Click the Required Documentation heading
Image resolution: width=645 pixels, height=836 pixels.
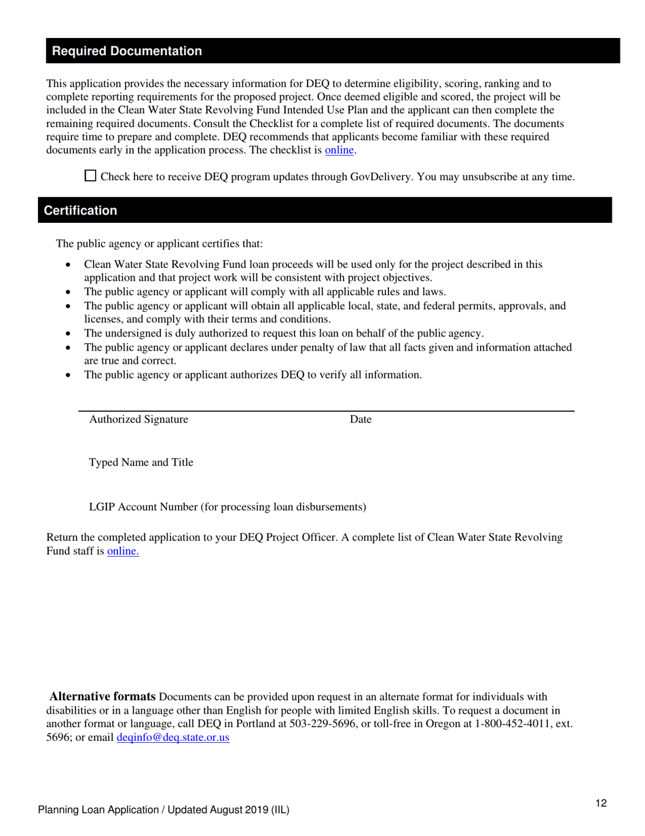(127, 52)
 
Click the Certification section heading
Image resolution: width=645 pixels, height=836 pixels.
(80, 211)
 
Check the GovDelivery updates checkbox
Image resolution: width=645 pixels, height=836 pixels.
(90, 175)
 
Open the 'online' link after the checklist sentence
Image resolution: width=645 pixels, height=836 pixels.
(339, 150)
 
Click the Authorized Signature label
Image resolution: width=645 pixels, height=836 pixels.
(139, 419)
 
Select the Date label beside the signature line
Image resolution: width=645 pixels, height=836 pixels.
(361, 419)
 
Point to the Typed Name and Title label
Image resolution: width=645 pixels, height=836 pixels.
(141, 463)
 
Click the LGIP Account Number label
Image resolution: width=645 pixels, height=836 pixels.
(227, 507)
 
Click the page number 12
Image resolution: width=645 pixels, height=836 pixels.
(601, 803)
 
